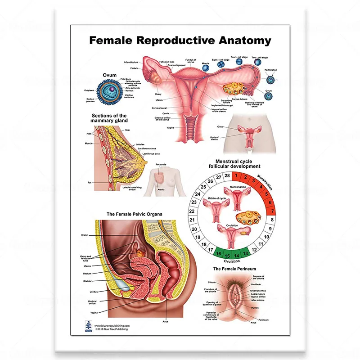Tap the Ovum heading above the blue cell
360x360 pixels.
coord(109,75)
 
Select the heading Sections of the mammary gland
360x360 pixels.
coord(109,118)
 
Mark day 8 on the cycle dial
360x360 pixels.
coord(272,220)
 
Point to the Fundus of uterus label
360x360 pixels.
coord(190,61)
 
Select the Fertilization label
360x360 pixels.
coord(271,70)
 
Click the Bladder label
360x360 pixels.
coord(87,281)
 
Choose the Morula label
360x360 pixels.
coord(206,63)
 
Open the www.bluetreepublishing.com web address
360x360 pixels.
coord(112,325)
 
